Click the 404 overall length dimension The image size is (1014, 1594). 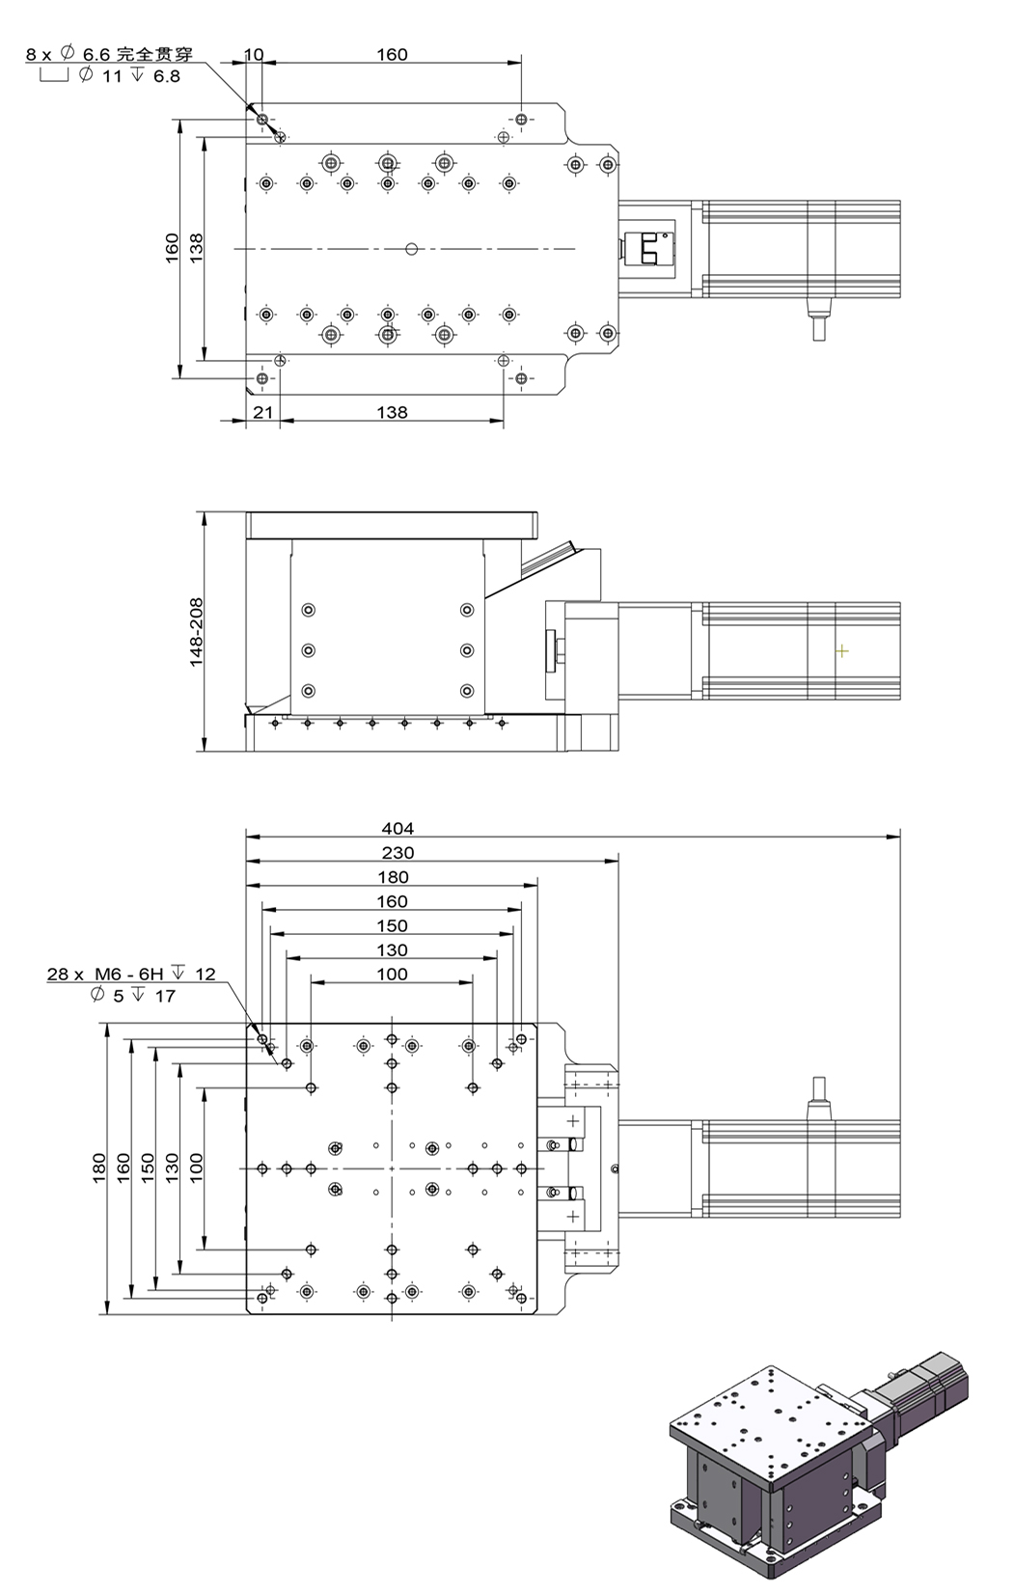click(x=397, y=828)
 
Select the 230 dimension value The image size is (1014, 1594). click(x=397, y=852)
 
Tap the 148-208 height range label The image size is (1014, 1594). click(x=197, y=632)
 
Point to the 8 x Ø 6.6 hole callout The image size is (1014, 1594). click(x=109, y=54)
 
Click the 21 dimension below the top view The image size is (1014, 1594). click(x=262, y=412)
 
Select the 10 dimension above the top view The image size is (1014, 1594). click(x=254, y=54)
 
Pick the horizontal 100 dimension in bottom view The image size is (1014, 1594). click(x=392, y=974)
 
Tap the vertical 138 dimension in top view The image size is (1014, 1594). click(x=197, y=247)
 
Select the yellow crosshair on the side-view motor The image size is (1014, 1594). click(x=841, y=651)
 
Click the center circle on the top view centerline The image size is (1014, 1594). click(x=412, y=249)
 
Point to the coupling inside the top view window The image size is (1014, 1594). click(x=647, y=249)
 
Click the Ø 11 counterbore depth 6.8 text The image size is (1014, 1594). click(x=128, y=76)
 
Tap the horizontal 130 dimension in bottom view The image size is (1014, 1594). click(x=392, y=949)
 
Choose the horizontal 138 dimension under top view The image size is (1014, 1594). click(x=392, y=412)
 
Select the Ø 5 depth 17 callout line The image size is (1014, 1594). click(x=132, y=996)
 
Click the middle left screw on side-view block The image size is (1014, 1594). click(x=308, y=650)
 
